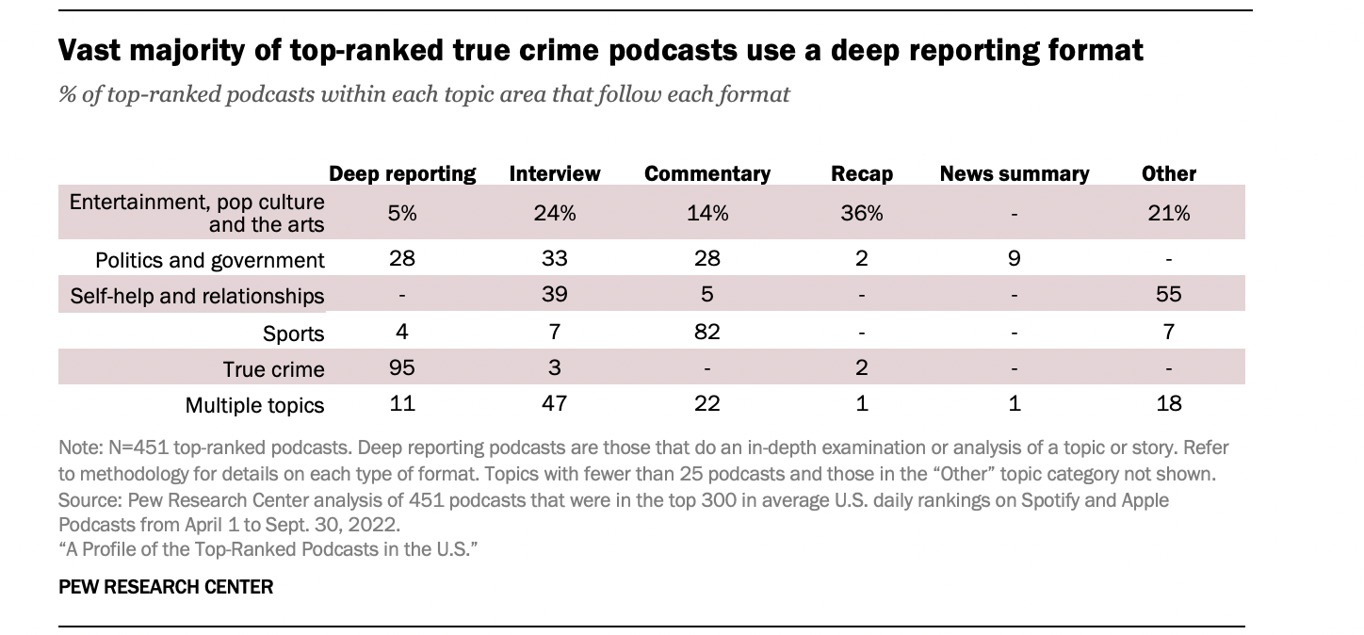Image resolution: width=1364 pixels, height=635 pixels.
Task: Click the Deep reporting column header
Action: (402, 173)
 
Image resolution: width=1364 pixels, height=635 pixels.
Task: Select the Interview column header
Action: (555, 173)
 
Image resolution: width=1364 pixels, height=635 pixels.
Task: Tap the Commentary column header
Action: (707, 173)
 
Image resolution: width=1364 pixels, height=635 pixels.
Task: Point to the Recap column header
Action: (862, 173)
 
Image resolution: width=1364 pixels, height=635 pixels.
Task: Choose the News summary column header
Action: (1015, 173)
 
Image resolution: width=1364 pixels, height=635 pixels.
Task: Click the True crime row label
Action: (274, 369)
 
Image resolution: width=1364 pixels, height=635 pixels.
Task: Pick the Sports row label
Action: (294, 334)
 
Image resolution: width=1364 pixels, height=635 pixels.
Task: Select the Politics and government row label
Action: (210, 260)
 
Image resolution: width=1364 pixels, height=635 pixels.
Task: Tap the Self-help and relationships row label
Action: (198, 296)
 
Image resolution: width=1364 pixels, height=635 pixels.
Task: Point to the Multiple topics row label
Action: (255, 405)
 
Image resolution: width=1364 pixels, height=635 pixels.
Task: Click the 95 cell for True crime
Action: (402, 367)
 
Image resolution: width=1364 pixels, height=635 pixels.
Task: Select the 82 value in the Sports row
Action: (707, 332)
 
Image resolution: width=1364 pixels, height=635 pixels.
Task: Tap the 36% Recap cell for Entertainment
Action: (862, 213)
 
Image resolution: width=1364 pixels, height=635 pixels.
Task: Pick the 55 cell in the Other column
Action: (1169, 294)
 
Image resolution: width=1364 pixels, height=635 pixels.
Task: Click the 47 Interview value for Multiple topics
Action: (555, 403)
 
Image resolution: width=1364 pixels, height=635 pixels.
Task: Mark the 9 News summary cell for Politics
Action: (1015, 258)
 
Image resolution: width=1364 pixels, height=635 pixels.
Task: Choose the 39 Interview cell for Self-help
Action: (555, 294)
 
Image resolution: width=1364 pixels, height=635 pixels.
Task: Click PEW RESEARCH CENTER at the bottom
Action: (166, 587)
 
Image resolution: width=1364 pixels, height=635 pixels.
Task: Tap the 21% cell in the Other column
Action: (1169, 213)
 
